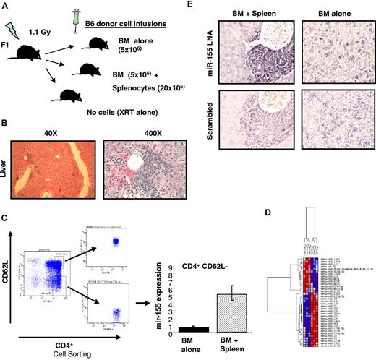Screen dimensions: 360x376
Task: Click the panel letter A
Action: click(5, 6)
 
